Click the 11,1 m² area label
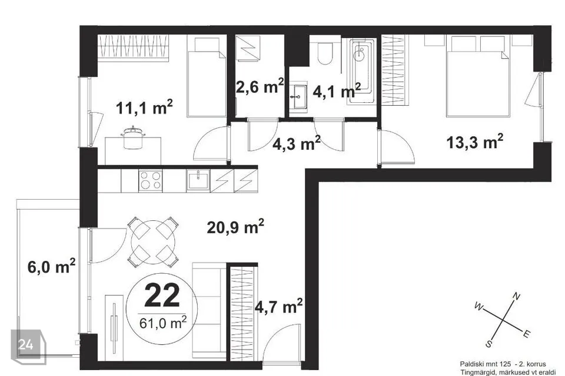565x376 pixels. pos(144,108)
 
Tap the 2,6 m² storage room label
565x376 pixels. pos(260,86)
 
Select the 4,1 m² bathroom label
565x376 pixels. pos(337,90)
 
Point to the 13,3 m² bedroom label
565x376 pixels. pos(474,142)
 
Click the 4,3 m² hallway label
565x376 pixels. pos(296,143)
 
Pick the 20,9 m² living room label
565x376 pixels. pos(235,226)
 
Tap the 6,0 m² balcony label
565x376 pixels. pos(52,267)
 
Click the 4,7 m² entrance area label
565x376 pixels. pos(278,307)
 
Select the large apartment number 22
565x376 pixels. pos(162,296)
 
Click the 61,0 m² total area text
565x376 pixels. pos(163,323)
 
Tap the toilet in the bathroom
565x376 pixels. pos(325,53)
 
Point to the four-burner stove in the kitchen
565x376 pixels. pos(151,180)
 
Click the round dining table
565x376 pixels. pos(153,242)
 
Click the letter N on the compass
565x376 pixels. pos(516,297)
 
